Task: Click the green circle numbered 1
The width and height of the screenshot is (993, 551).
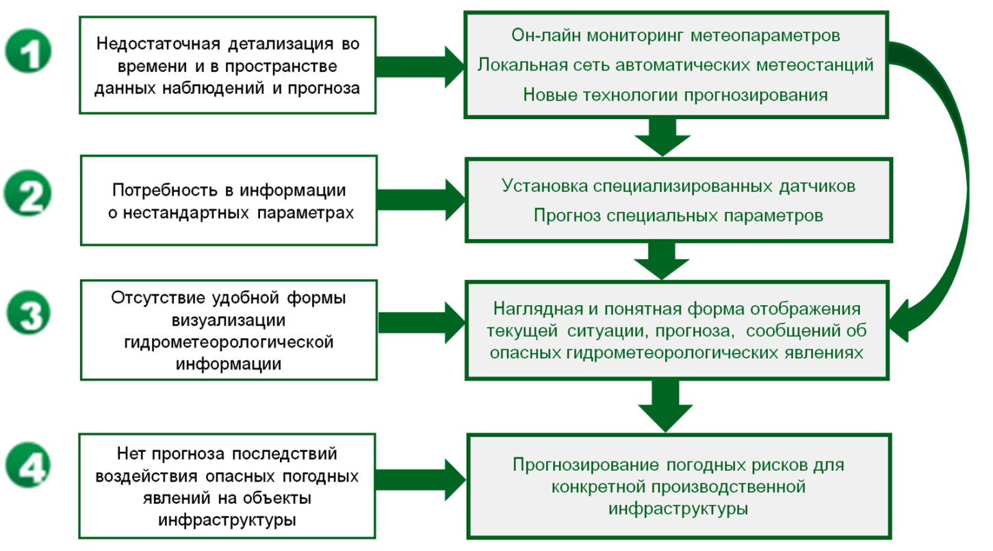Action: coord(28,51)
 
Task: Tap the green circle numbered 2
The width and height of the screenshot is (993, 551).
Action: coord(28,193)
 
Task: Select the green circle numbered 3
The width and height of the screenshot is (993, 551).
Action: coord(29,313)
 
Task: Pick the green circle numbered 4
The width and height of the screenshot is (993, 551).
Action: coord(28,465)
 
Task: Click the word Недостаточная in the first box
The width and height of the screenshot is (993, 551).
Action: coord(158,44)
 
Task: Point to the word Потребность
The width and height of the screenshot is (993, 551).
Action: coord(165,190)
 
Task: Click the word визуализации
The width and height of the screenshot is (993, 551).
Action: coord(229,320)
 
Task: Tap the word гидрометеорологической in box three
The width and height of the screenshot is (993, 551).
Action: coord(229,342)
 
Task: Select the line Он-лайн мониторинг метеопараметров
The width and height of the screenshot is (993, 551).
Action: coord(675,36)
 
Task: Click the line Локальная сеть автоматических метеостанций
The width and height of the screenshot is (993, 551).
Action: coord(675,65)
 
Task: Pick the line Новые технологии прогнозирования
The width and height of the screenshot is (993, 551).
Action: coord(675,95)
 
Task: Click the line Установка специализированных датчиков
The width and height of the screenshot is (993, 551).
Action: coord(678,186)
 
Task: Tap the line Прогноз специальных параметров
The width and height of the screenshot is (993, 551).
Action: coord(678,216)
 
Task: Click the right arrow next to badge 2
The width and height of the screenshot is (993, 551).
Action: coord(421,200)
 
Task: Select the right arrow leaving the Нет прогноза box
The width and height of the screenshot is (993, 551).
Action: coord(420,480)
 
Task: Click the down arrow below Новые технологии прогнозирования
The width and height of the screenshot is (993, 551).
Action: coord(662,137)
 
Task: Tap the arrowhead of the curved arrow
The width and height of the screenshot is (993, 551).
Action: coord(900,321)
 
